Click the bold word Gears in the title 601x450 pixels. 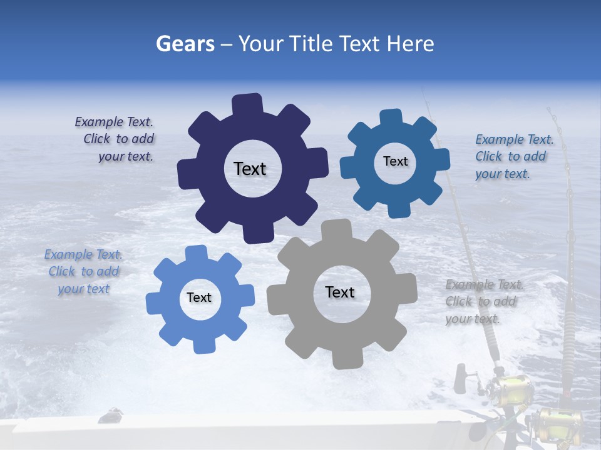coord(185,44)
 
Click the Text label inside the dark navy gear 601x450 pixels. coord(250,169)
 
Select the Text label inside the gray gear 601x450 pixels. coord(340,292)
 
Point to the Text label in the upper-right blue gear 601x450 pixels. coord(395,161)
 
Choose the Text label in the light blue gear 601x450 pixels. coord(199,298)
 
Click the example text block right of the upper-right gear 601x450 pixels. coord(513,157)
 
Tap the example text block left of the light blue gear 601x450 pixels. coord(83,272)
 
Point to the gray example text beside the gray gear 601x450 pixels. coord(483,302)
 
